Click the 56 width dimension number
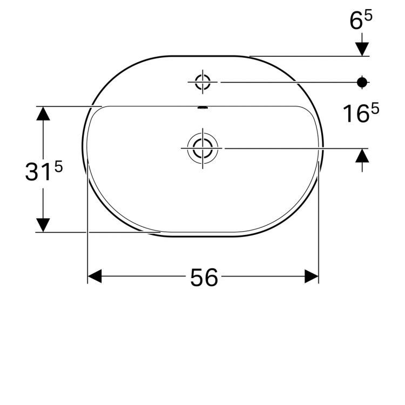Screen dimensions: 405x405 coord(204,277)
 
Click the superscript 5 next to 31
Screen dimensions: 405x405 coord(58,167)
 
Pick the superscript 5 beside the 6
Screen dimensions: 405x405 coord(368,17)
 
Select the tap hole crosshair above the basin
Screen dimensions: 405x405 coord(202,82)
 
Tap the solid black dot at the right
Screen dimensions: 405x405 coord(362,82)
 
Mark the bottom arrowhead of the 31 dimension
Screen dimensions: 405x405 coord(43,225)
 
